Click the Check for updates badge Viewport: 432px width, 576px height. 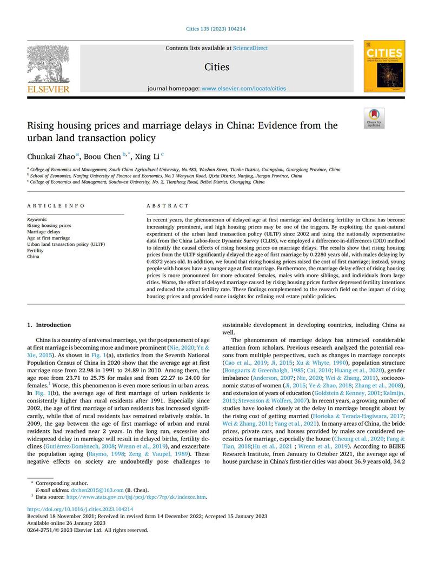coord(374,118)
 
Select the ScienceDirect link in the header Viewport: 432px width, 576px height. coord(250,48)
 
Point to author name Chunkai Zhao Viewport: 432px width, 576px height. coord(51,156)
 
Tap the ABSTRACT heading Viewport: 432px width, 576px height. coord(168,206)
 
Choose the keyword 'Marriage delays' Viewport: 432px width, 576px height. coord(44,232)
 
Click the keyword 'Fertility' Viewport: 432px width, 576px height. coord(36,251)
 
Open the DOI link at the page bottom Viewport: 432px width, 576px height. coord(80,509)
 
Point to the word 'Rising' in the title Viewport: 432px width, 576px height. coord(42,126)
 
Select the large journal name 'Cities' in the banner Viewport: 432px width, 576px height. coord(216,67)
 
